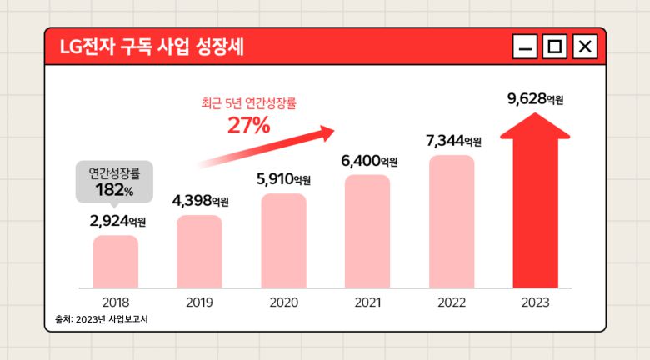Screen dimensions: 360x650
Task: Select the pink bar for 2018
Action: coord(116,261)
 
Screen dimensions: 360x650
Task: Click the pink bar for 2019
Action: coord(200,251)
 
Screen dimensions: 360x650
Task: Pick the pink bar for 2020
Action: coord(283,240)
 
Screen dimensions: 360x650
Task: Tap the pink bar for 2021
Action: coord(367,231)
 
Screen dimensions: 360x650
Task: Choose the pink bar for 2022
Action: coord(452,222)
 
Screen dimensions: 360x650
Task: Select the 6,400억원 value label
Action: coord(369,160)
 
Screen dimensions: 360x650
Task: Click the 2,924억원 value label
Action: coord(117,221)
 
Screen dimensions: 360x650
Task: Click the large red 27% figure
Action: coord(248,126)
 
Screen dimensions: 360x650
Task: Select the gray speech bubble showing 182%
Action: coord(115,182)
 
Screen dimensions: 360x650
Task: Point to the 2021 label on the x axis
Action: coord(367,302)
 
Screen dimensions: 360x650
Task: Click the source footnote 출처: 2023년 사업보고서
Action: coord(101,319)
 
